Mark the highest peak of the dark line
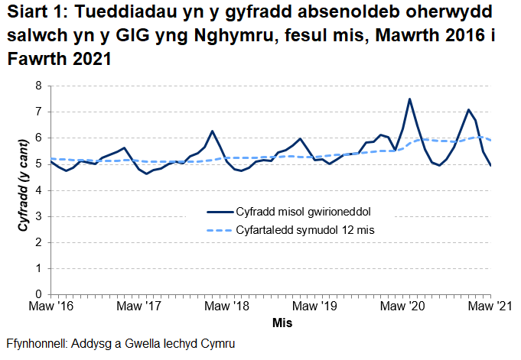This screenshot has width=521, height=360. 410,99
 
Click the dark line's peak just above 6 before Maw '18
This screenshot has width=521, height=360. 212,131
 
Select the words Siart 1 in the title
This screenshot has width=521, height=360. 31,15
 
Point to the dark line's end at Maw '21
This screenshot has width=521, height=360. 490,165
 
